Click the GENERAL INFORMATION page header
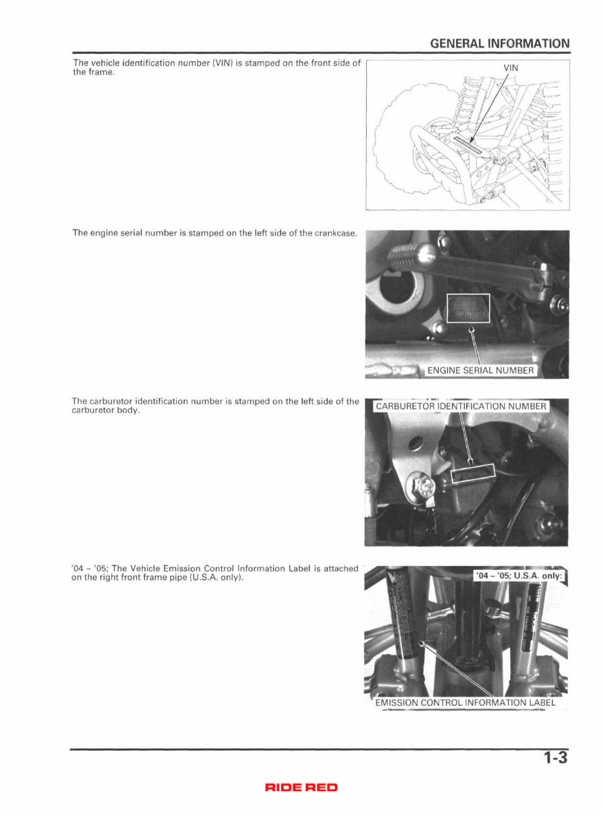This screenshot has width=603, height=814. click(500, 44)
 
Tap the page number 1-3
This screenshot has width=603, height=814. click(556, 758)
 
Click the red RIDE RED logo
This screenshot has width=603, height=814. click(301, 788)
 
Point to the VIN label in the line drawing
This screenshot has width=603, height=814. click(511, 68)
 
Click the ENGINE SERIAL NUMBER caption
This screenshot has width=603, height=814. click(480, 371)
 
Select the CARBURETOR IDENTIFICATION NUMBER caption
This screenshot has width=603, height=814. click(461, 406)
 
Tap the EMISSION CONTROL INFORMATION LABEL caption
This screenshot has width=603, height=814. click(465, 702)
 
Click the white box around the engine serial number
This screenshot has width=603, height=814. click(468, 308)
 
